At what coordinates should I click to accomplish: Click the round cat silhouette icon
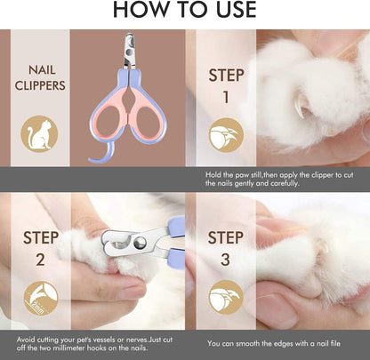click(x=40, y=134)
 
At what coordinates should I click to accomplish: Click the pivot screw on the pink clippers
click(x=130, y=71)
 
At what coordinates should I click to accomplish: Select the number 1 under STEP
click(x=226, y=96)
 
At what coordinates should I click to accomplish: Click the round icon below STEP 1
click(x=226, y=135)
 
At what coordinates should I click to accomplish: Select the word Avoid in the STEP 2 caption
click(x=28, y=338)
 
